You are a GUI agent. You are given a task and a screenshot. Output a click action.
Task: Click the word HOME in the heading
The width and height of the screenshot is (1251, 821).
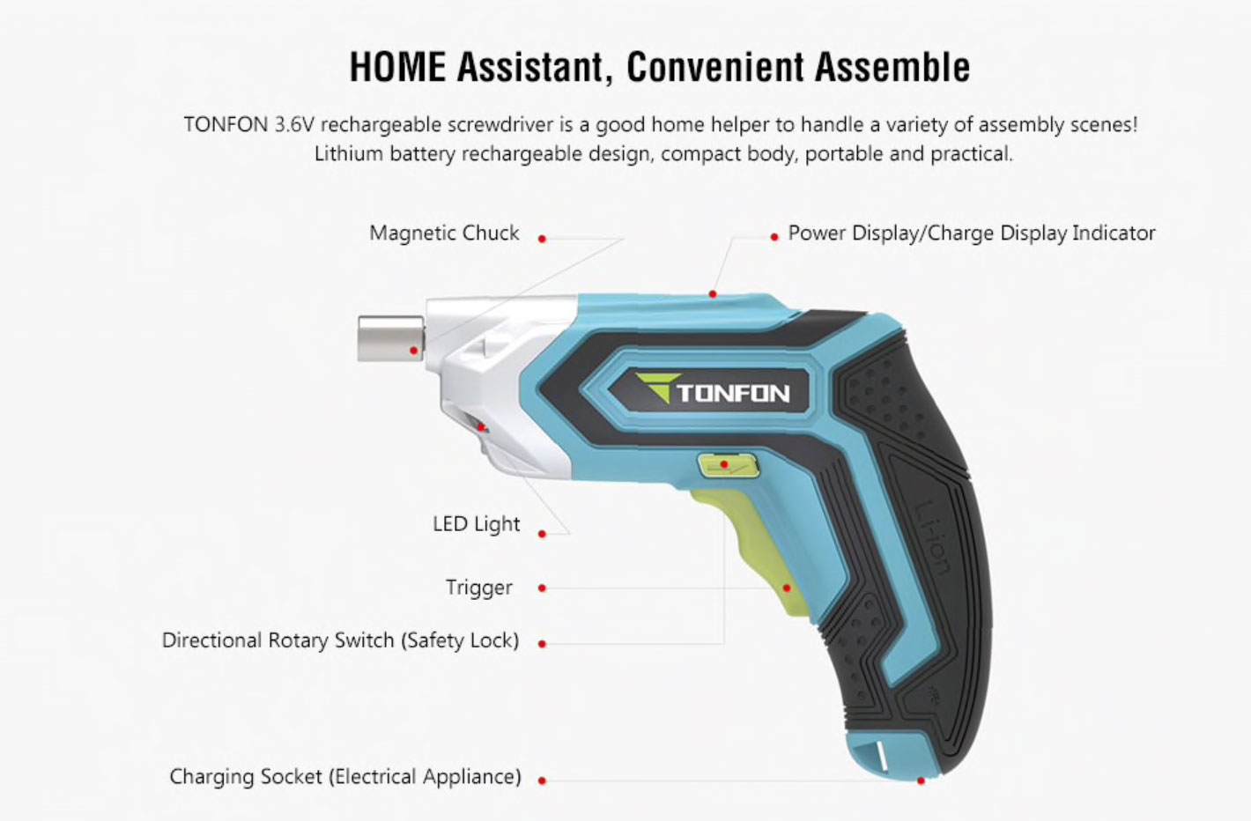pyautogui.click(x=397, y=67)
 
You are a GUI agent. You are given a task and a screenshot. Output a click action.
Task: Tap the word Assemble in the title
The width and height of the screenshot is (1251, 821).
pyautogui.click(x=892, y=67)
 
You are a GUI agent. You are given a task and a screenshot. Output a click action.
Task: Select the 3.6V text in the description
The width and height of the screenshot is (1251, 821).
pyautogui.click(x=294, y=124)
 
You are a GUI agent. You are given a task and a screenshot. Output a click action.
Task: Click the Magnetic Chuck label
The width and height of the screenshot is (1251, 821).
pyautogui.click(x=444, y=233)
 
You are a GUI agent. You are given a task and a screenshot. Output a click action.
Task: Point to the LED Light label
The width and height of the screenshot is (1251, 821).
pyautogui.click(x=476, y=524)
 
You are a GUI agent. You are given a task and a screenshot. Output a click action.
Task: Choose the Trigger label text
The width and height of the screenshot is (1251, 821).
pyautogui.click(x=478, y=588)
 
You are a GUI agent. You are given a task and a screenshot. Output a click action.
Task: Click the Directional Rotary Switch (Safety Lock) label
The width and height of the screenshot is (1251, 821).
pyautogui.click(x=340, y=640)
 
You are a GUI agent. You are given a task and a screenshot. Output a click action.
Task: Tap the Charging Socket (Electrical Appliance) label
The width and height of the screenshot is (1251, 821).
pyautogui.click(x=345, y=777)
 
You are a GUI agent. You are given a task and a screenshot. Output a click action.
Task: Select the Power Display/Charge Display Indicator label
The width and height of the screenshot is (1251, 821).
pyautogui.click(x=971, y=233)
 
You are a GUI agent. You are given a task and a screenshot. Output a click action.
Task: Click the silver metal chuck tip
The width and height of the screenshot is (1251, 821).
pyautogui.click(x=391, y=338)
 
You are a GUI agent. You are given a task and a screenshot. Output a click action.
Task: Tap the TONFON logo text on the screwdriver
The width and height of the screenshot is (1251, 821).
pyautogui.click(x=733, y=393)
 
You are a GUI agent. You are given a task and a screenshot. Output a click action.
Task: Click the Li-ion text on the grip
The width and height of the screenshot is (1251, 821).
pyautogui.click(x=933, y=538)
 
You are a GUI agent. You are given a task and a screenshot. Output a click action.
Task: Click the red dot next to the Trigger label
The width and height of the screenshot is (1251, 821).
pyautogui.click(x=542, y=588)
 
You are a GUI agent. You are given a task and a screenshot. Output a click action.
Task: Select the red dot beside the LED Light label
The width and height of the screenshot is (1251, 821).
pyautogui.click(x=542, y=534)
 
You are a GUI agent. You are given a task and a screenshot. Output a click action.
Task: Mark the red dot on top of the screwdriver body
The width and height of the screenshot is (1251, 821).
pyautogui.click(x=713, y=293)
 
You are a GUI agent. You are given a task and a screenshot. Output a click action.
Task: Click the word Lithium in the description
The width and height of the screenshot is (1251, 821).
pyautogui.click(x=349, y=153)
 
